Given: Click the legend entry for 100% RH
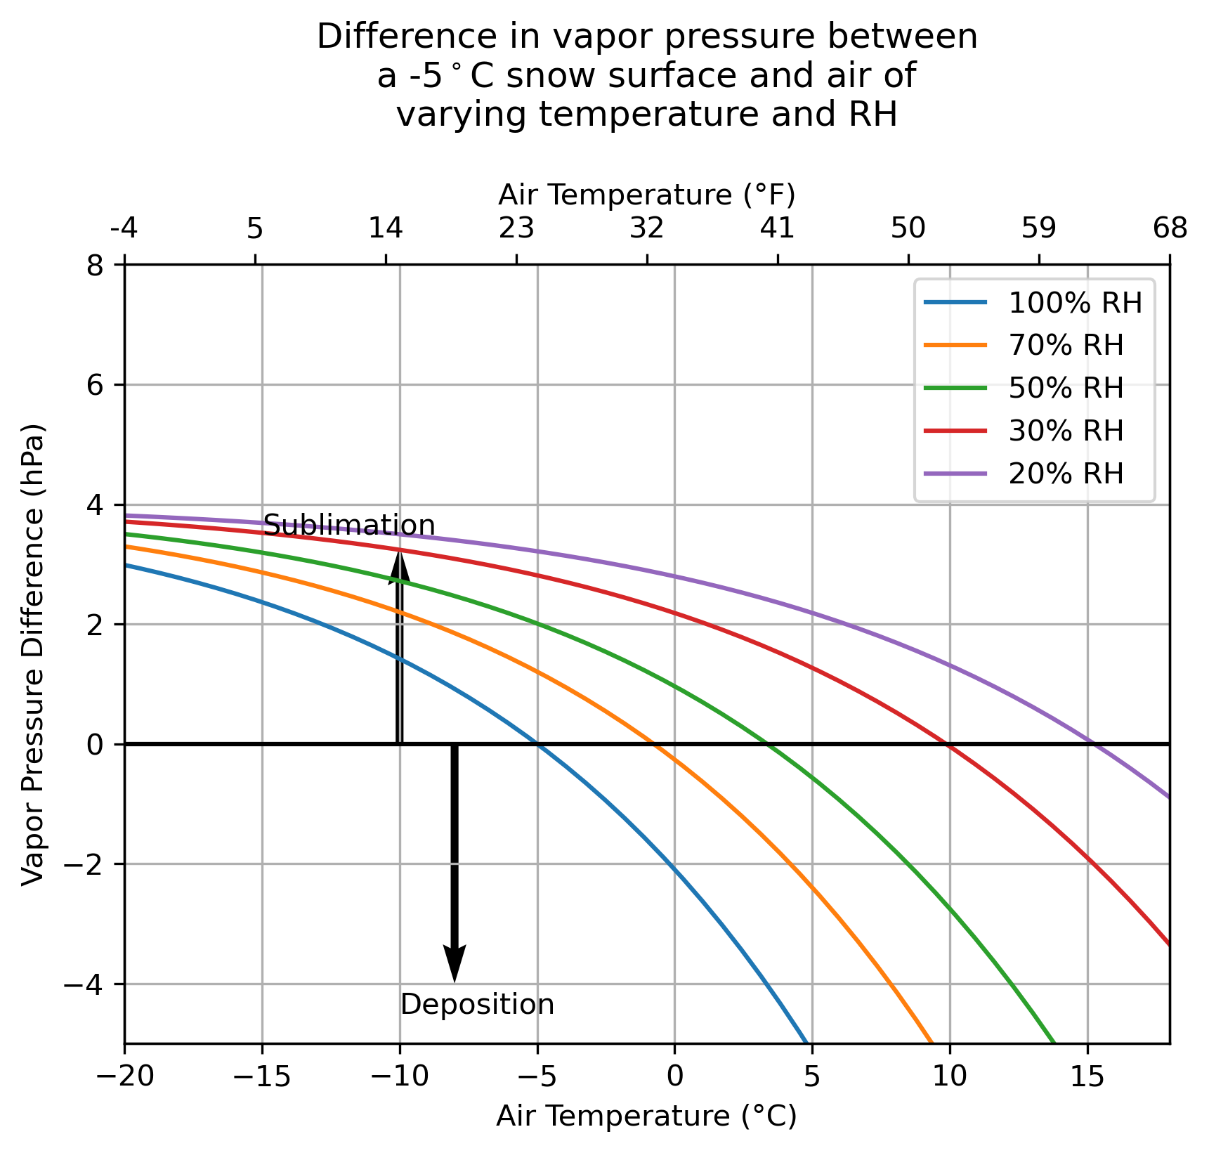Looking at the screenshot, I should [1075, 303].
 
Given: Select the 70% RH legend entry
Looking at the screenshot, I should [1066, 345].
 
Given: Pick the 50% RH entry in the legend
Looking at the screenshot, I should [1066, 388].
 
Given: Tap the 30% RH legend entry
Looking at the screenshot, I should [1066, 431].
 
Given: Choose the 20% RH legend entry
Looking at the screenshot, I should [1066, 474].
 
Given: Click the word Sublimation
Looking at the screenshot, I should [349, 526].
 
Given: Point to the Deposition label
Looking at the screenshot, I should [478, 1005].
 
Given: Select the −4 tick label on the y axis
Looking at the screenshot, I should [82, 984].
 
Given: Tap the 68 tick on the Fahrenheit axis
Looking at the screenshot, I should [1170, 228].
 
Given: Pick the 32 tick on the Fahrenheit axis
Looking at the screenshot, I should [647, 228].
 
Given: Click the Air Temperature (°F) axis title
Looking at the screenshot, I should [647, 195].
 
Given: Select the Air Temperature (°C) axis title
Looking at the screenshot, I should [647, 1116].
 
